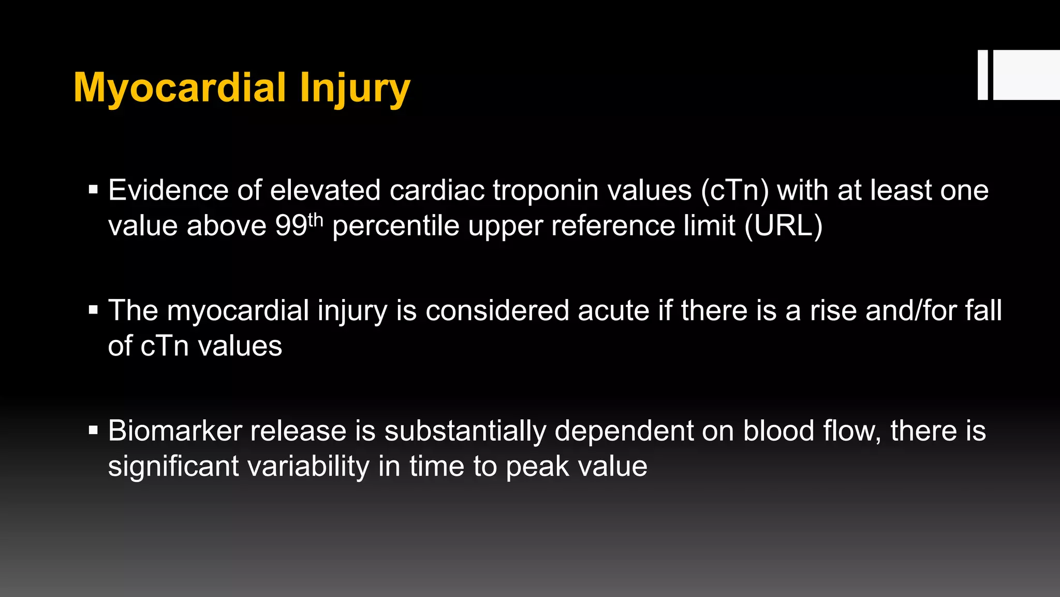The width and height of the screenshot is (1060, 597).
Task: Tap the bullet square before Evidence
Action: click(93, 190)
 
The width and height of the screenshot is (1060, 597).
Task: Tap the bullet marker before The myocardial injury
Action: click(93, 310)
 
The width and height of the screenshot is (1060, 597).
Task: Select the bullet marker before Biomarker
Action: click(93, 430)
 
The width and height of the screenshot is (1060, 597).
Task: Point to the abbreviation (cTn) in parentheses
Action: click(734, 191)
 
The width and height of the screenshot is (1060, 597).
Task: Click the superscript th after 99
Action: click(315, 220)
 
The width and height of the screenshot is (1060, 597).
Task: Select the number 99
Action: click(291, 226)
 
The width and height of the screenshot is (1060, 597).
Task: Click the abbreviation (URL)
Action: click(783, 226)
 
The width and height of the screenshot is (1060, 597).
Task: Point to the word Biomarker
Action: click(175, 431)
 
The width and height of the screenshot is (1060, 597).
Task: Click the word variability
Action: click(308, 466)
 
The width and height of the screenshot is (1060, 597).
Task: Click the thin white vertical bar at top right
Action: click(982, 75)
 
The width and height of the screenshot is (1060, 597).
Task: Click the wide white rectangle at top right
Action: click(1026, 75)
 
